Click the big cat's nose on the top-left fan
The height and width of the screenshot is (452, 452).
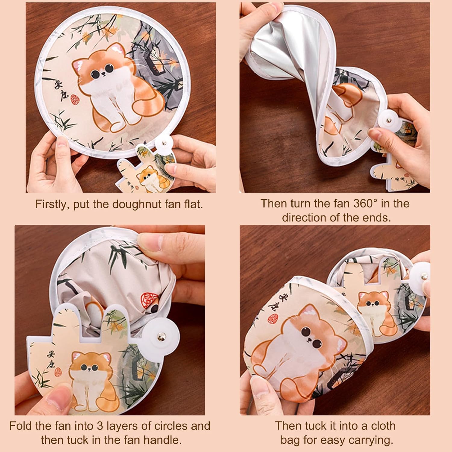pyautogui.click(x=103, y=74)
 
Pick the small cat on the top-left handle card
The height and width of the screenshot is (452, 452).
pyautogui.click(x=151, y=181)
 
